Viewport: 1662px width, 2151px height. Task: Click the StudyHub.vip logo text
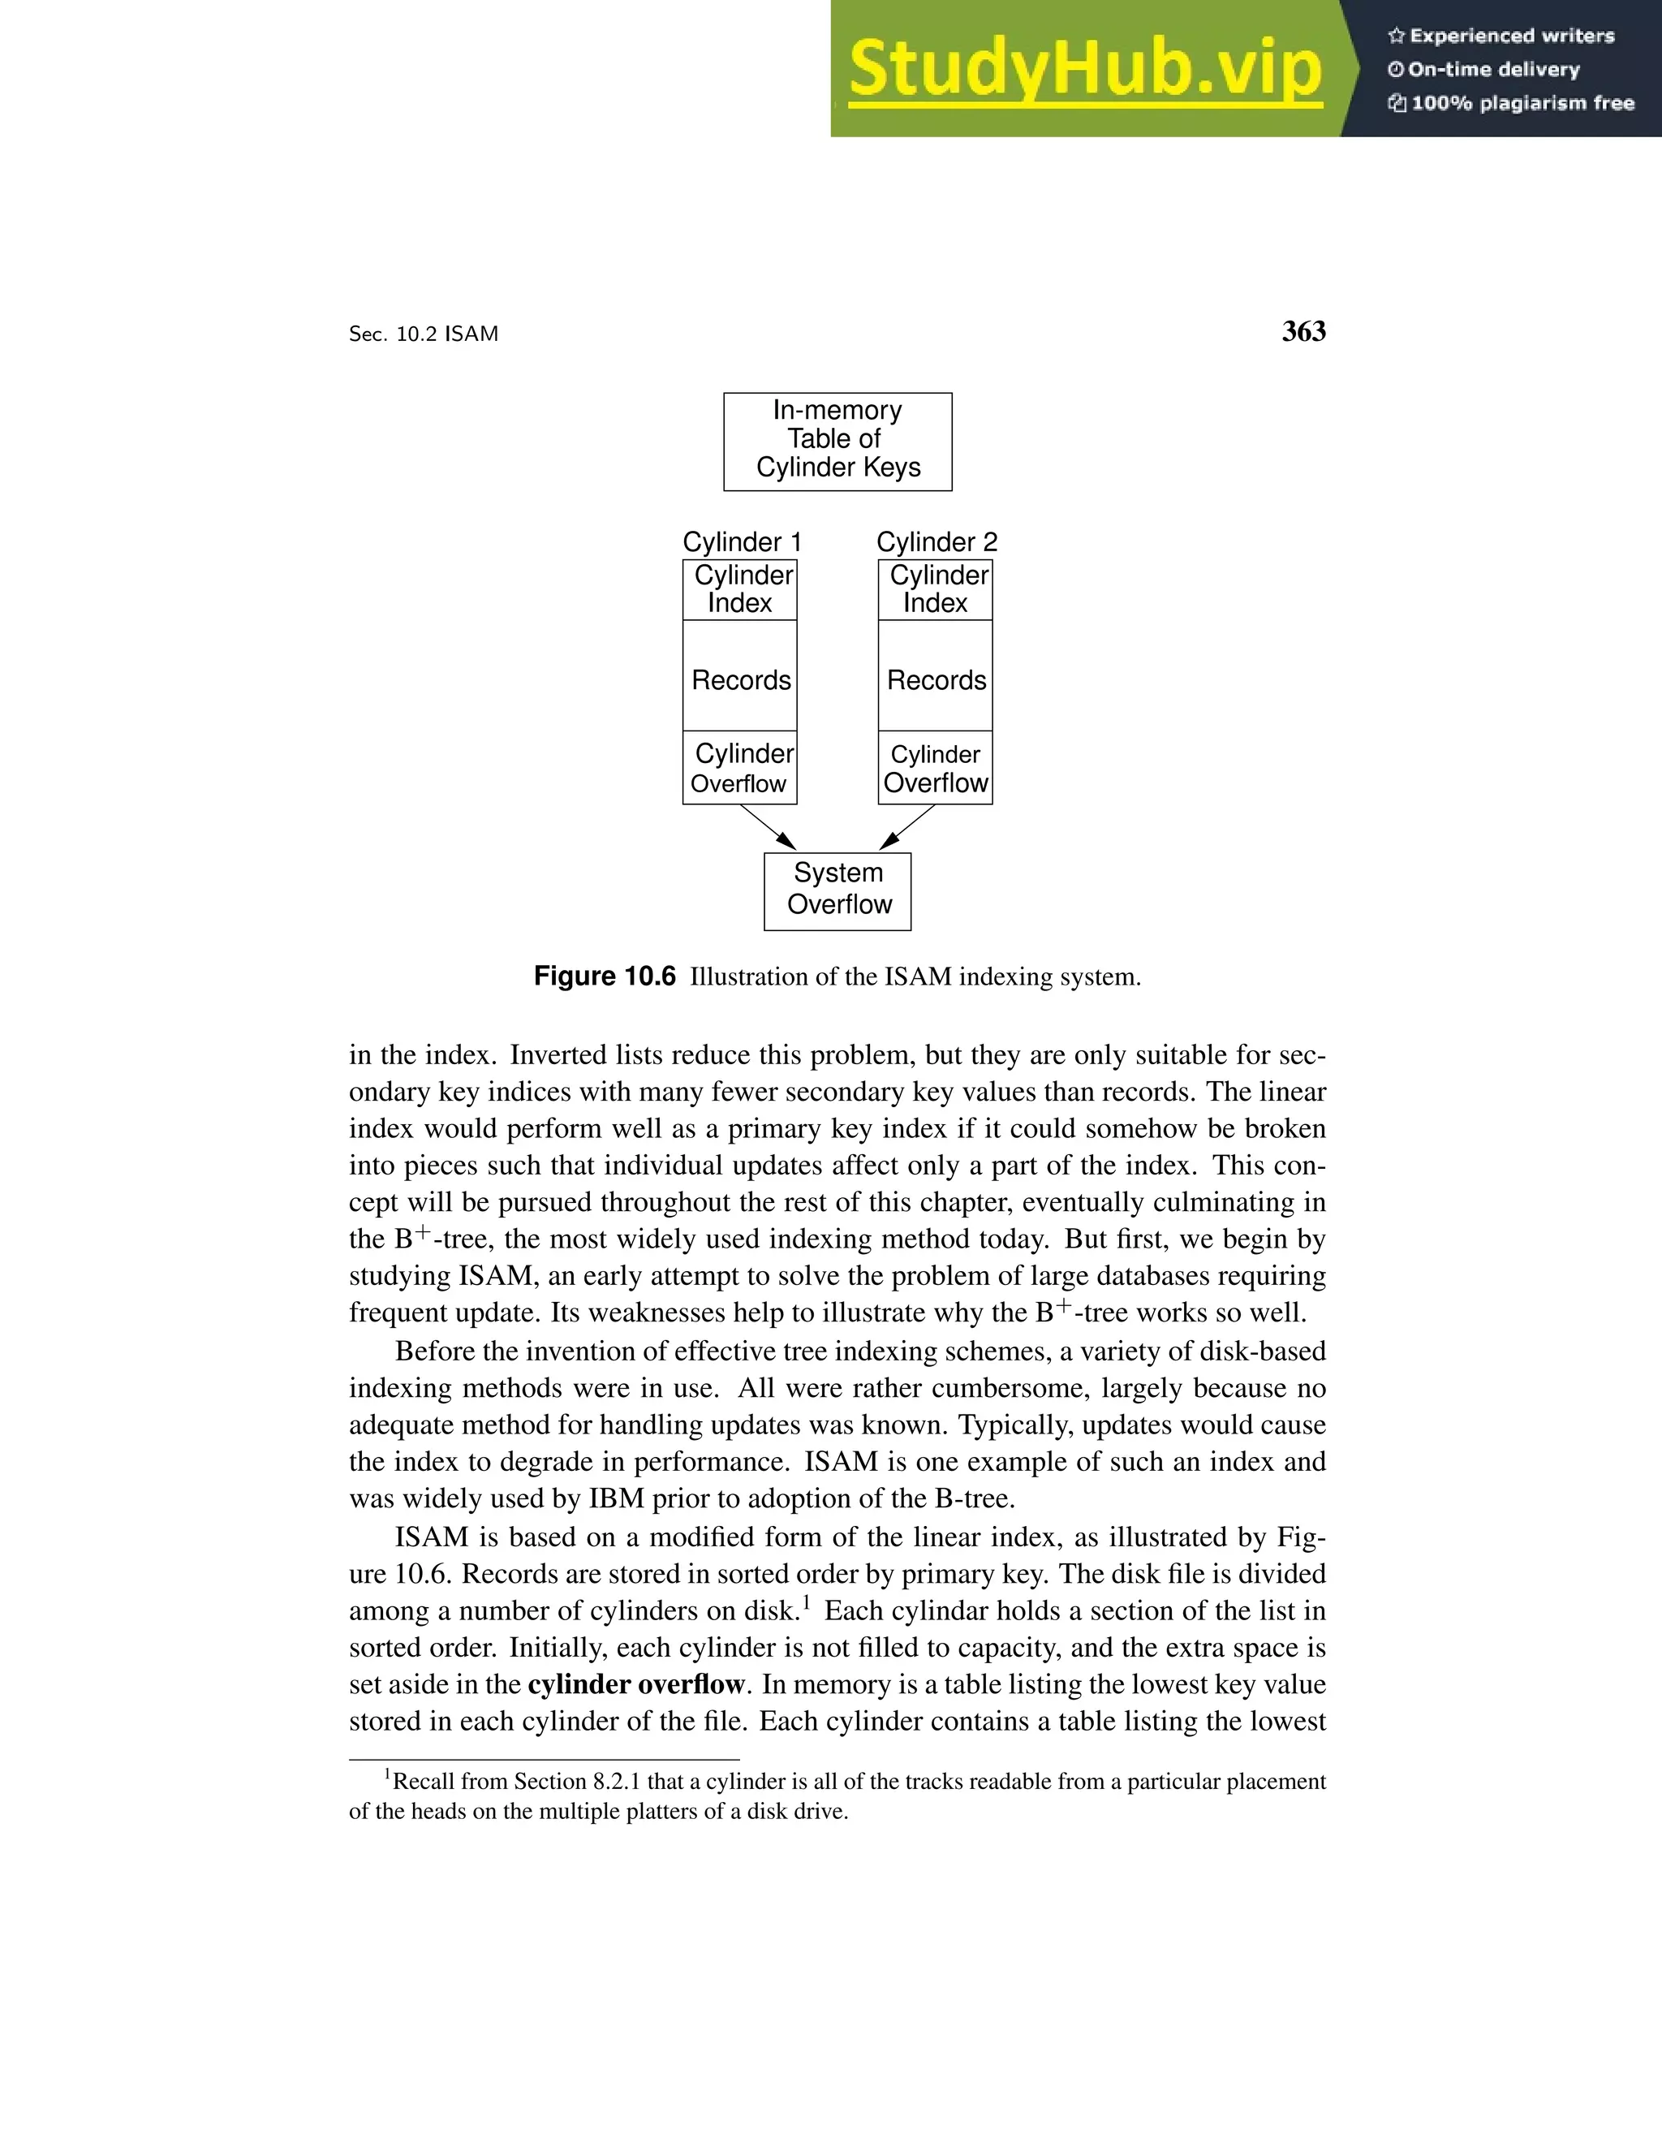(1084, 70)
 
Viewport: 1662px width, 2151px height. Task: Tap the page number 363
(1303, 332)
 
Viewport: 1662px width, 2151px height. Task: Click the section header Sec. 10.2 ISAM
(424, 334)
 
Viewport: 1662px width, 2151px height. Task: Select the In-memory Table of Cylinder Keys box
(837, 442)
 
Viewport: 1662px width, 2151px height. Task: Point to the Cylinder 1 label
(743, 541)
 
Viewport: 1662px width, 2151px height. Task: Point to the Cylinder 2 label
(936, 541)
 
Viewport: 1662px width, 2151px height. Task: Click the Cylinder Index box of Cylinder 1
(740, 589)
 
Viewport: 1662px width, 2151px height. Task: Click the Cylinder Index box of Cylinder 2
(936, 589)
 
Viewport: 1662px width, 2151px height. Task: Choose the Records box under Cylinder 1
(740, 679)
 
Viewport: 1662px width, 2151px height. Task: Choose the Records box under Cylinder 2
(936, 679)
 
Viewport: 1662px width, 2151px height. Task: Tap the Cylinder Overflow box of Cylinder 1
(740, 768)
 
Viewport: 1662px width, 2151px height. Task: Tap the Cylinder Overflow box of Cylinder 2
(936, 768)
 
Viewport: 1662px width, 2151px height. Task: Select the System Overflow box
(837, 890)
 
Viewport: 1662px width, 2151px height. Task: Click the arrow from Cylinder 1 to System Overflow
(767, 827)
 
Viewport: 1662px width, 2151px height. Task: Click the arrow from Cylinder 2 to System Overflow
(908, 827)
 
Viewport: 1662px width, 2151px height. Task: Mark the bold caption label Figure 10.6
(605, 976)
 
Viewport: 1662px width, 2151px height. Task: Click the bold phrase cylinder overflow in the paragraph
(635, 1684)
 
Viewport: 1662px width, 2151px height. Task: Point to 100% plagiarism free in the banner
(1522, 103)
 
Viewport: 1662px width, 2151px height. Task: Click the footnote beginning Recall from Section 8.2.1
(837, 1795)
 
